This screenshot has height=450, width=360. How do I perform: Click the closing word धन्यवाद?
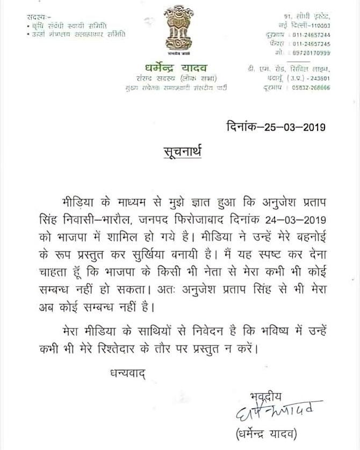(124, 371)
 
